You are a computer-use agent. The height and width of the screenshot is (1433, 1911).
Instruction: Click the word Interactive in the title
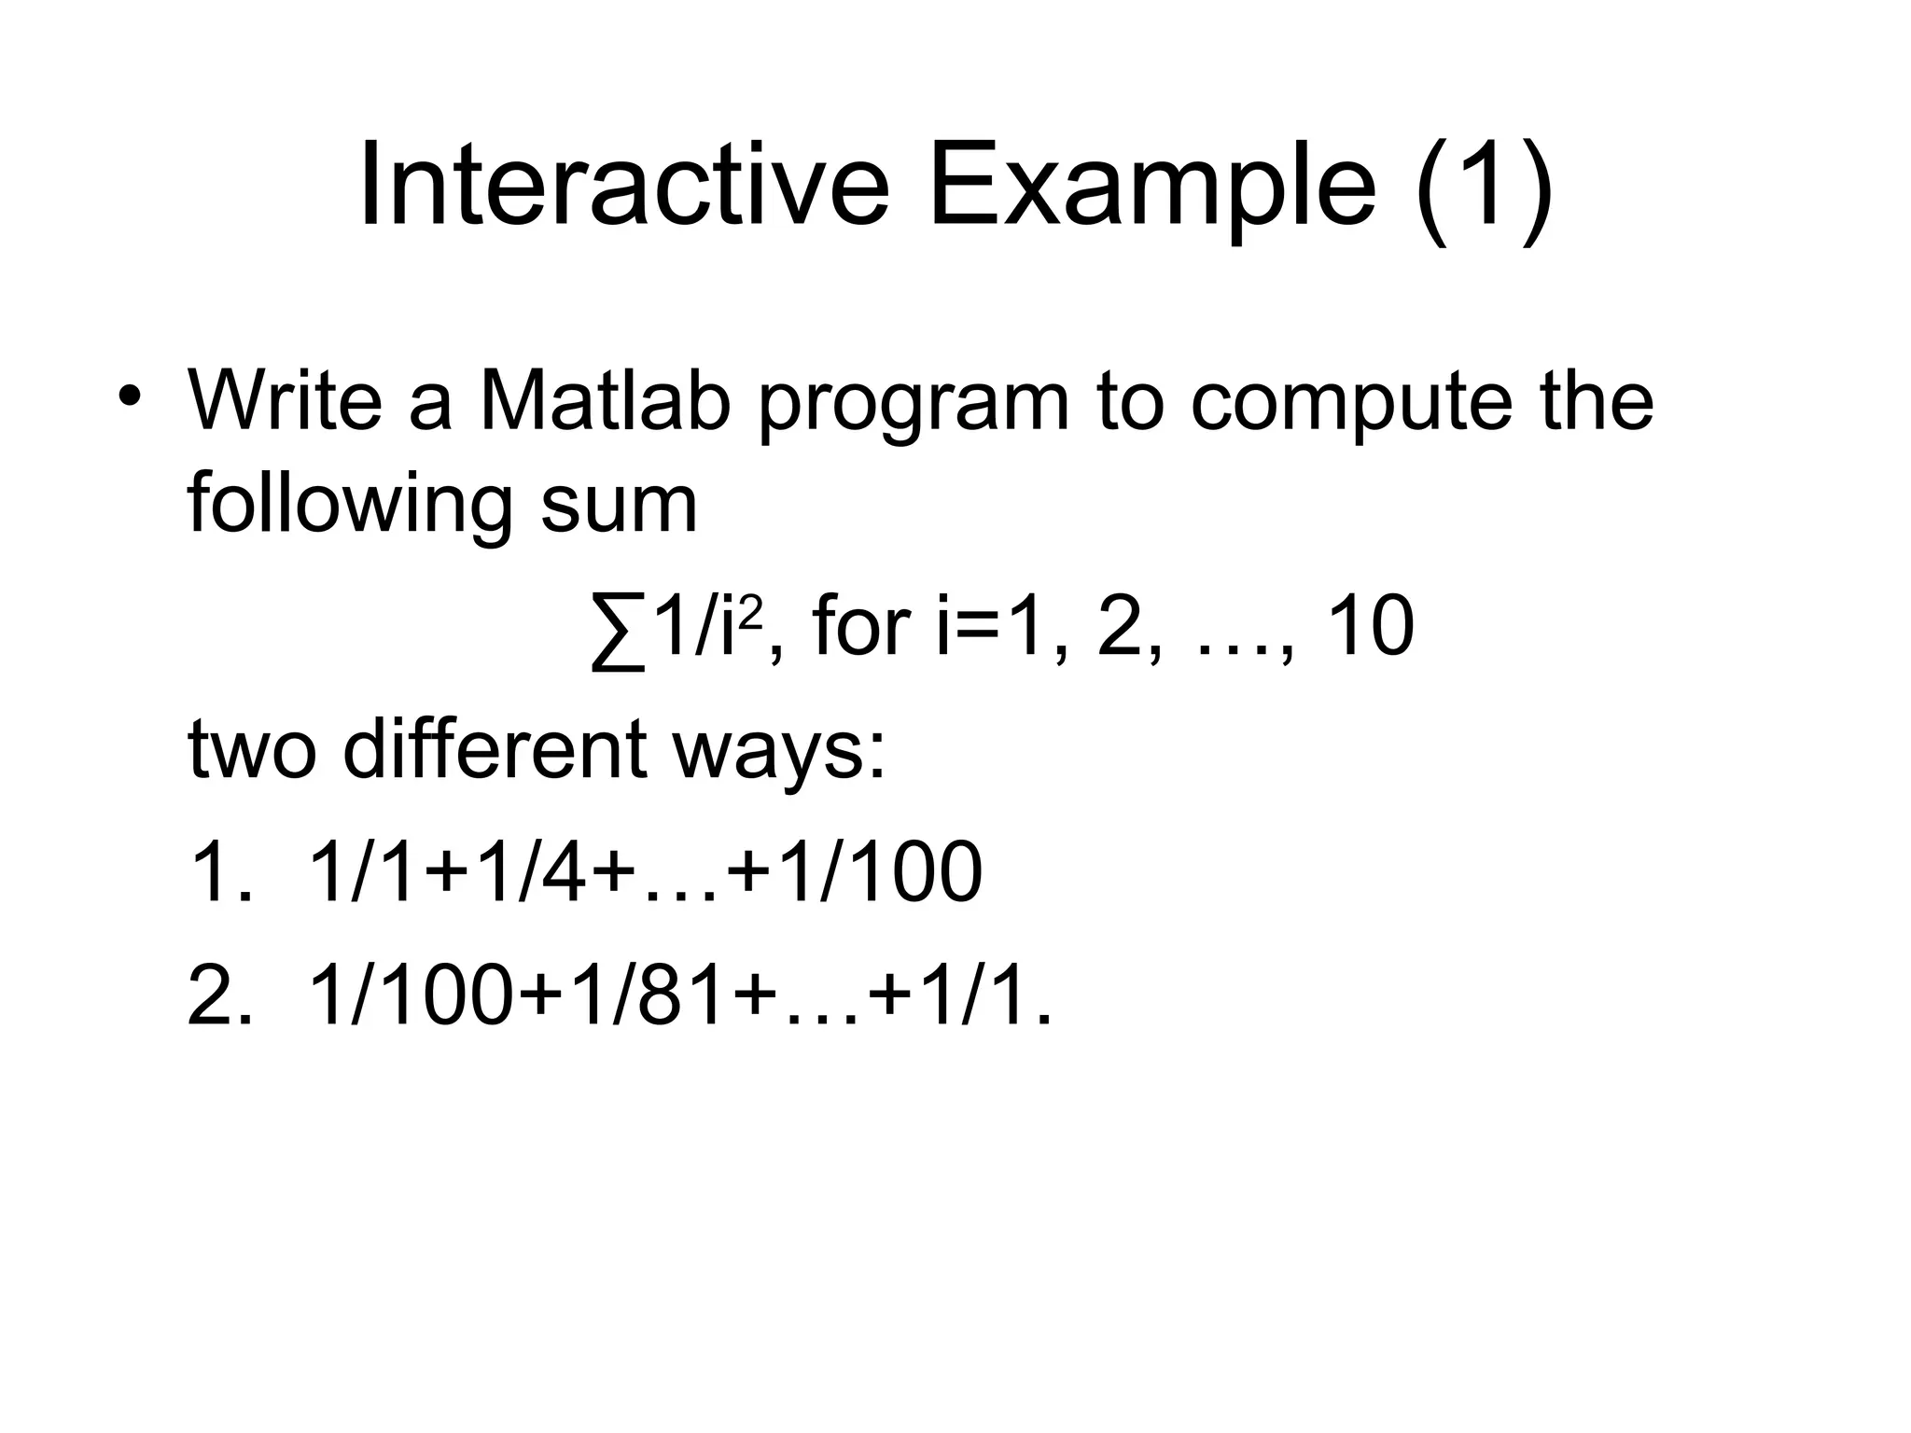click(623, 185)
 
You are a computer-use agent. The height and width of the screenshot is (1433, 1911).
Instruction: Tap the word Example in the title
click(1151, 185)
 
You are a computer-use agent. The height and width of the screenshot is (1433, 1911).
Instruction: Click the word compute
click(1349, 410)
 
